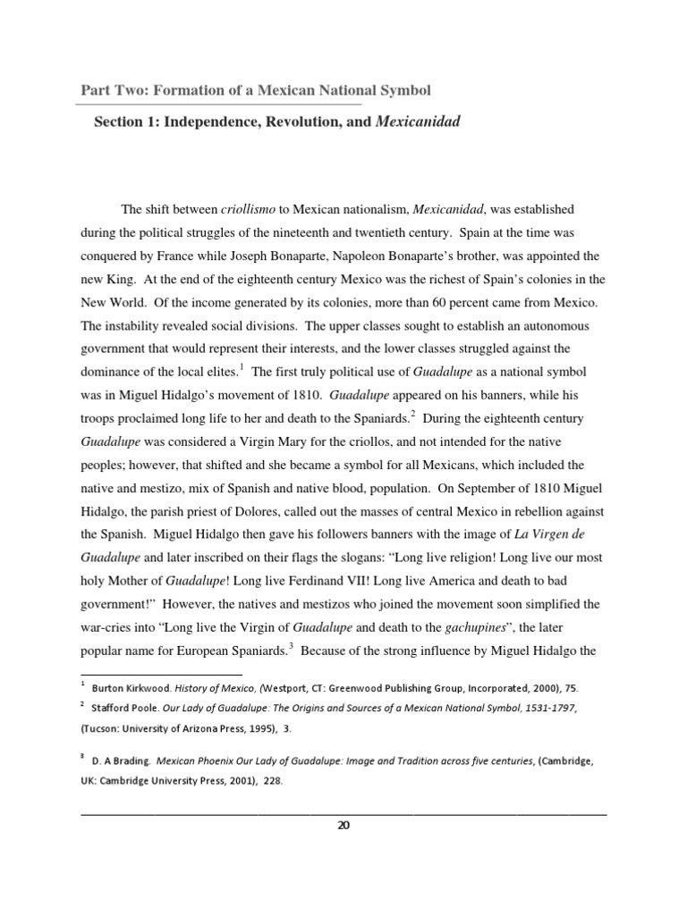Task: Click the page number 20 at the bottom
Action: click(x=343, y=825)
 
